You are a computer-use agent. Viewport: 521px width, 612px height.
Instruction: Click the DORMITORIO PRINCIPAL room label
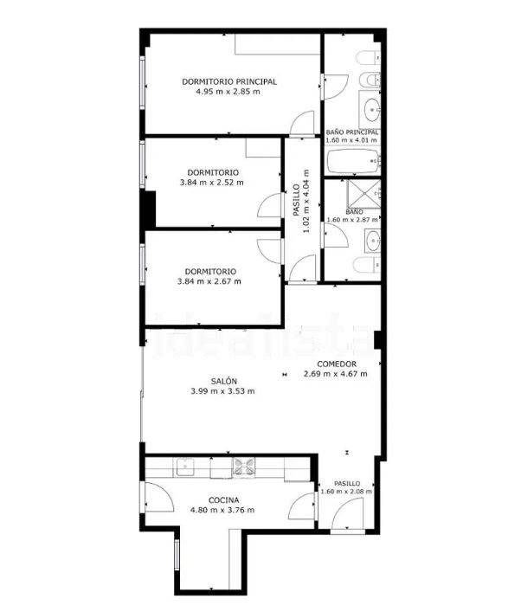229,81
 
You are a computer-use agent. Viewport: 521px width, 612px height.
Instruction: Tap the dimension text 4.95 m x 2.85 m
228,92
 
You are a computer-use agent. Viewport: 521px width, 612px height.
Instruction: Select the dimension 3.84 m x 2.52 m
212,183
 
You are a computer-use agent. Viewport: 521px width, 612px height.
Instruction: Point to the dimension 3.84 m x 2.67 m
209,281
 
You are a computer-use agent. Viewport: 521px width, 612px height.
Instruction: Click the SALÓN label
224,381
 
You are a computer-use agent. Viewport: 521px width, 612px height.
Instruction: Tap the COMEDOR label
337,364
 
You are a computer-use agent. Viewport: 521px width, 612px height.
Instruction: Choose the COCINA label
223,500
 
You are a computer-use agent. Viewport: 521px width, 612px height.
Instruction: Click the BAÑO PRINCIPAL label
352,132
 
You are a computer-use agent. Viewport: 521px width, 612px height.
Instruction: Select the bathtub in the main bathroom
353,161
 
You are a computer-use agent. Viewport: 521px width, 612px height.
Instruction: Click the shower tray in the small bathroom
363,193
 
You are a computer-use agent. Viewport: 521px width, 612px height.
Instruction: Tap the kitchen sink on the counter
184,467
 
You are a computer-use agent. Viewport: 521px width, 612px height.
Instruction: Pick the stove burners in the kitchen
243,467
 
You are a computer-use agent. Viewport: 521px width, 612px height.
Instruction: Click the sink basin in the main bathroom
372,107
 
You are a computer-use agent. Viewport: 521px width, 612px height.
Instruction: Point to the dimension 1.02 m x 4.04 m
301,201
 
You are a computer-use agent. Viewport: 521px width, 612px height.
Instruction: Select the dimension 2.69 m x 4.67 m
335,374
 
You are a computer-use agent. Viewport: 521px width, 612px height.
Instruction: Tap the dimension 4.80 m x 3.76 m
222,510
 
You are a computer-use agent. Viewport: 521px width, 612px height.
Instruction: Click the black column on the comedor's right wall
377,339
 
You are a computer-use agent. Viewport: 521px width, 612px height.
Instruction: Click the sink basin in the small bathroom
373,240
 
